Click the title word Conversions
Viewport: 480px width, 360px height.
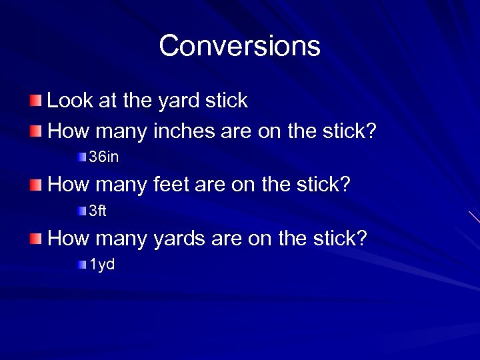(239, 46)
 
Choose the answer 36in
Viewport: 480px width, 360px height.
(104, 158)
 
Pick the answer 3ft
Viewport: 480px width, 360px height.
(98, 211)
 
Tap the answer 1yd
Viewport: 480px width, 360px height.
(102, 265)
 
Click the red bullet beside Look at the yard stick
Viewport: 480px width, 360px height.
(35, 101)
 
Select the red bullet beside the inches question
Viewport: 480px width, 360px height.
(35, 131)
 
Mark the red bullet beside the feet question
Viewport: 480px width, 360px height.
(35, 184)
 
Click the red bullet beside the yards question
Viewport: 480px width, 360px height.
(35, 238)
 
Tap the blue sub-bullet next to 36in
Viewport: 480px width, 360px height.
(81, 158)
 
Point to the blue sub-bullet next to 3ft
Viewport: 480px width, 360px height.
(81, 211)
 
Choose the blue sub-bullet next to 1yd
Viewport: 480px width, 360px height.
(81, 265)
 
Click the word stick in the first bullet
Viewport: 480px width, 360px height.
(227, 101)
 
